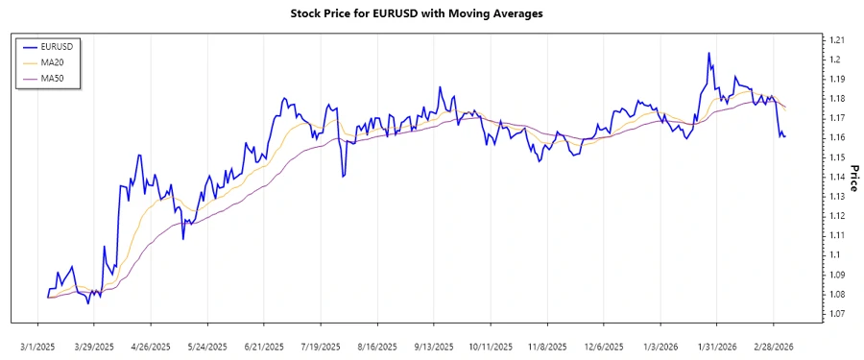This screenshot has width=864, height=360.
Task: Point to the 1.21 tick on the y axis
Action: point(837,40)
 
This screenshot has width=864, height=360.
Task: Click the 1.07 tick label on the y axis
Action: point(837,314)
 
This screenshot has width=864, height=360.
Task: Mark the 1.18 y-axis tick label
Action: point(837,99)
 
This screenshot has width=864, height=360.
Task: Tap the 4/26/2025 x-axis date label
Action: point(151,347)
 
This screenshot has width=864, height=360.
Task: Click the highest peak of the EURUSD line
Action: point(708,53)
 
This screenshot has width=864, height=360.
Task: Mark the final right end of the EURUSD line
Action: point(785,136)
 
